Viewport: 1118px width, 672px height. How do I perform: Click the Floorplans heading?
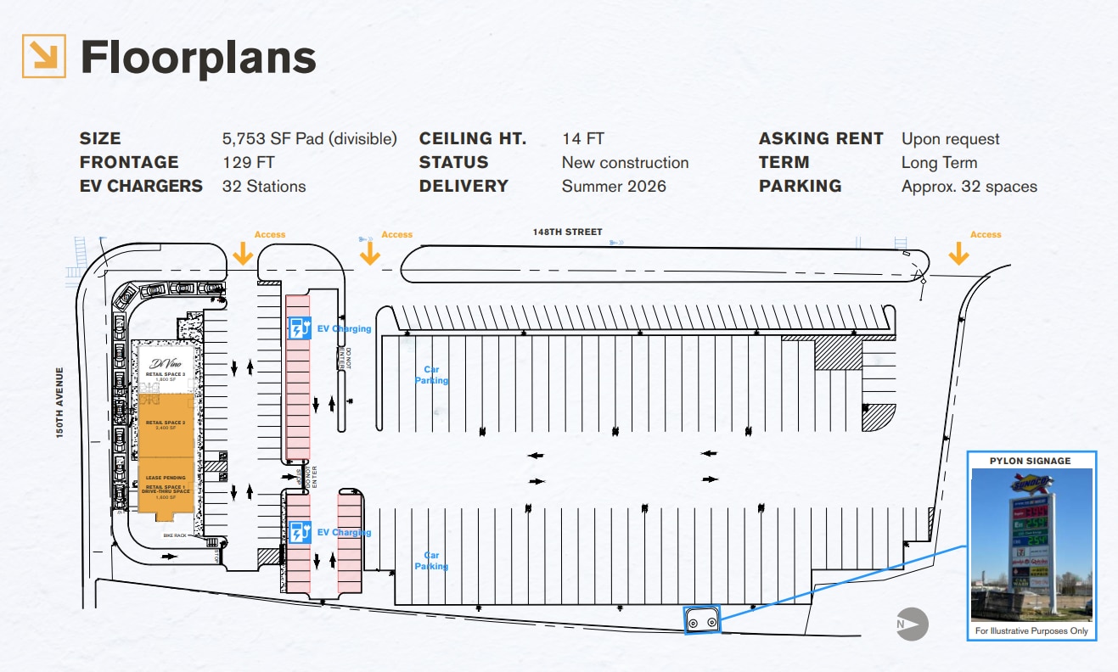point(198,58)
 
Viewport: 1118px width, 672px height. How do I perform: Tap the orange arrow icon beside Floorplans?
point(44,57)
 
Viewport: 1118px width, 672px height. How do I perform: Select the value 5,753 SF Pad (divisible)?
point(309,139)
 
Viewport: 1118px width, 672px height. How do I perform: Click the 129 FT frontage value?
point(249,163)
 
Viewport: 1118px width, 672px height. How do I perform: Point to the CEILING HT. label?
point(473,139)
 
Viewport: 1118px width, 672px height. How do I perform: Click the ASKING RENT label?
point(821,139)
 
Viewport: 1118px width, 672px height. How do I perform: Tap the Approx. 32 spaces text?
point(969,187)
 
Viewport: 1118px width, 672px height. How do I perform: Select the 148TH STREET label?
point(568,232)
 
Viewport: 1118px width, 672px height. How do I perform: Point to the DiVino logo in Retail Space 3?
point(165,364)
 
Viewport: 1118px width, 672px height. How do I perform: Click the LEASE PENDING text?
point(166,478)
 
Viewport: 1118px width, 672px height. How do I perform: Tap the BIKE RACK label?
point(176,536)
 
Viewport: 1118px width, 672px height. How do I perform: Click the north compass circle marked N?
point(913,624)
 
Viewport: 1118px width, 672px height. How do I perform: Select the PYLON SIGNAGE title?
point(1030,461)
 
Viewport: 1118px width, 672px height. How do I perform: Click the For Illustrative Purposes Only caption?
point(1031,631)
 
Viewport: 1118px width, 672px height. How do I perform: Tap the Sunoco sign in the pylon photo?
point(1030,483)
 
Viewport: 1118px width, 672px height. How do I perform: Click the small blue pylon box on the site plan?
point(702,619)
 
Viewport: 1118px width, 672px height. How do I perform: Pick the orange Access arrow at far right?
point(959,253)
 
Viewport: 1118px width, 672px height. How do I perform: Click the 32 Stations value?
point(264,187)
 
